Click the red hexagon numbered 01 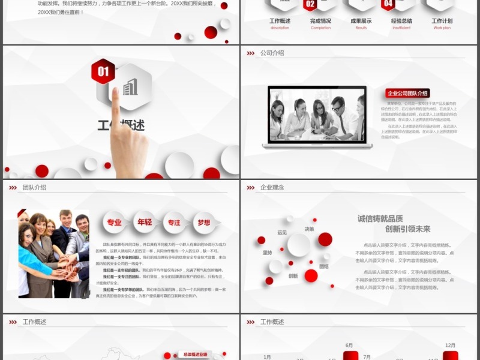point(103,71)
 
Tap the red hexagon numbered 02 point(310,5)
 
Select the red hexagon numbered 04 point(388,5)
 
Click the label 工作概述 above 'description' point(280,21)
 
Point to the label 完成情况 point(320,21)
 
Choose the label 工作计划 point(442,21)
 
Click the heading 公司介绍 point(272,53)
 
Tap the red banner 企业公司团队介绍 point(407,93)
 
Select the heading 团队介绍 point(34,187)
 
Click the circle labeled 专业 point(114,223)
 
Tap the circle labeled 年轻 point(144,223)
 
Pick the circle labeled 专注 point(174,223)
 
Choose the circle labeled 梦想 point(204,223)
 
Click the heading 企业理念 point(272,187)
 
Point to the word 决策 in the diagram point(309,229)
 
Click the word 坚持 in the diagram point(267,253)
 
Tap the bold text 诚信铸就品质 point(380,218)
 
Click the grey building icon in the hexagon point(130,88)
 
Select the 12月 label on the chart point(451,345)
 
